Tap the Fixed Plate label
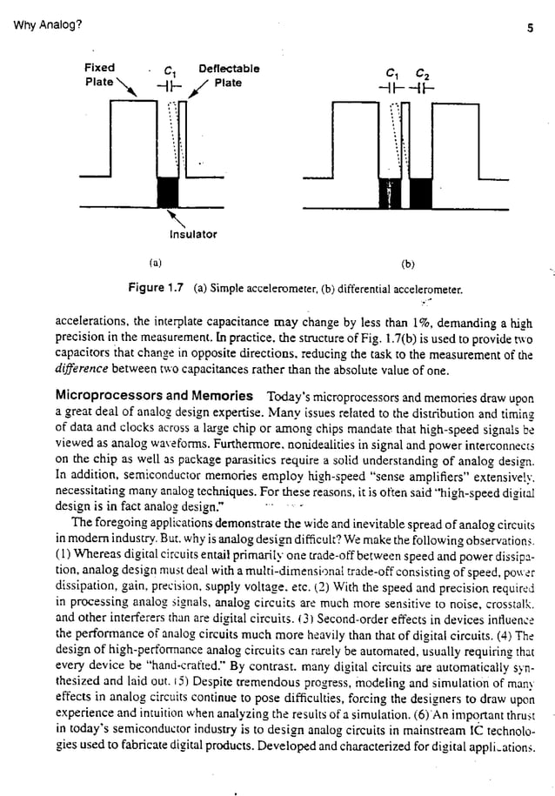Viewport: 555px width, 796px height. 99,75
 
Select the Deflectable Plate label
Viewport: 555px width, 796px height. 228,75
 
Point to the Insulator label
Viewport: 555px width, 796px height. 193,234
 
